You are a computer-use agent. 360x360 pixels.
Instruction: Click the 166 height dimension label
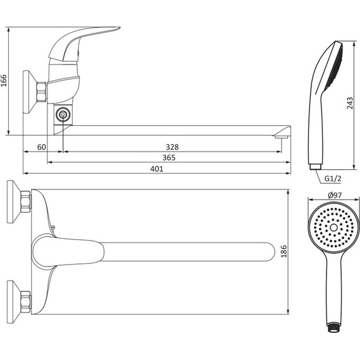click(x=4, y=80)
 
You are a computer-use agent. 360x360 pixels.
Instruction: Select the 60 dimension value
click(x=42, y=147)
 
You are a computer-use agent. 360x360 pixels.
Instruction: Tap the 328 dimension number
click(x=172, y=147)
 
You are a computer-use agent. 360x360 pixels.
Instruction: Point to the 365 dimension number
click(x=169, y=158)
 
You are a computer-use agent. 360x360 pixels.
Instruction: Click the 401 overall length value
click(x=157, y=169)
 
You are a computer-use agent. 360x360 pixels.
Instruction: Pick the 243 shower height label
click(x=350, y=103)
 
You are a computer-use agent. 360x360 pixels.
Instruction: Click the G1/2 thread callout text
click(x=333, y=179)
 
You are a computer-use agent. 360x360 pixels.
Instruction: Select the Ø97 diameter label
click(x=335, y=195)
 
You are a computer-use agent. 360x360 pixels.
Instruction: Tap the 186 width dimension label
click(x=284, y=251)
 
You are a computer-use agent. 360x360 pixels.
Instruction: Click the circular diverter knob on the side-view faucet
click(x=63, y=114)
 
